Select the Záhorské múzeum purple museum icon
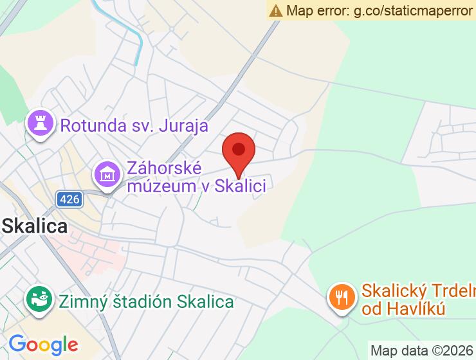tap(107, 173)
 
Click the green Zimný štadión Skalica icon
tap(40, 299)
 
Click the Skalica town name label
tap(35, 226)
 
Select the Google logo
tap(43, 345)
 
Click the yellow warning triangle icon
tap(276, 10)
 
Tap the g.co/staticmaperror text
tap(414, 10)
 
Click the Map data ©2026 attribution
tap(421, 350)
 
